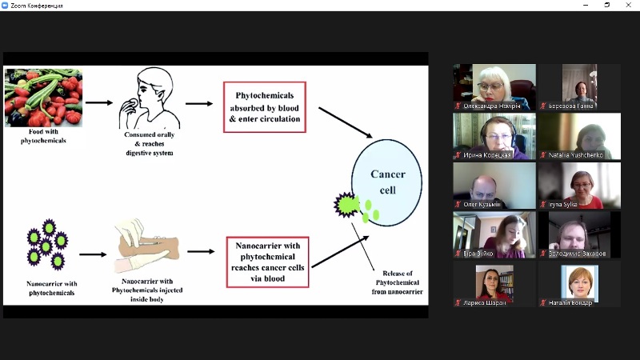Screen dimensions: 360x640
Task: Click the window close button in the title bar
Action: tap(629, 6)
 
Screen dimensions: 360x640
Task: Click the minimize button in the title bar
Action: tap(584, 6)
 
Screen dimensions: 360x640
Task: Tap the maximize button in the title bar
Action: tap(606, 6)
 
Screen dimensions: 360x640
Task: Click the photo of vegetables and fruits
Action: tap(43, 98)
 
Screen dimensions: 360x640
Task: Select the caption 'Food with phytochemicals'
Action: tap(43, 136)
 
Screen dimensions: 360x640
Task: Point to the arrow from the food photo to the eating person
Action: tap(99, 103)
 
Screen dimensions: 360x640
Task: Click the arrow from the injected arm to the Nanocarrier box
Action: tap(201, 251)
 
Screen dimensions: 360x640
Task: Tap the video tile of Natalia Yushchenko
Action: tap(578, 136)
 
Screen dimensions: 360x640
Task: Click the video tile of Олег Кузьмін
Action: tap(494, 186)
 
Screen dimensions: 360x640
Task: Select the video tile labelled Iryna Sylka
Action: tap(578, 186)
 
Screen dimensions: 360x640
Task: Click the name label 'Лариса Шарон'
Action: tap(485, 303)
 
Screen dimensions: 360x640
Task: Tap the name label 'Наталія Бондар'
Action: tap(571, 303)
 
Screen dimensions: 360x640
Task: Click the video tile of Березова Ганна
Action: tap(578, 87)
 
